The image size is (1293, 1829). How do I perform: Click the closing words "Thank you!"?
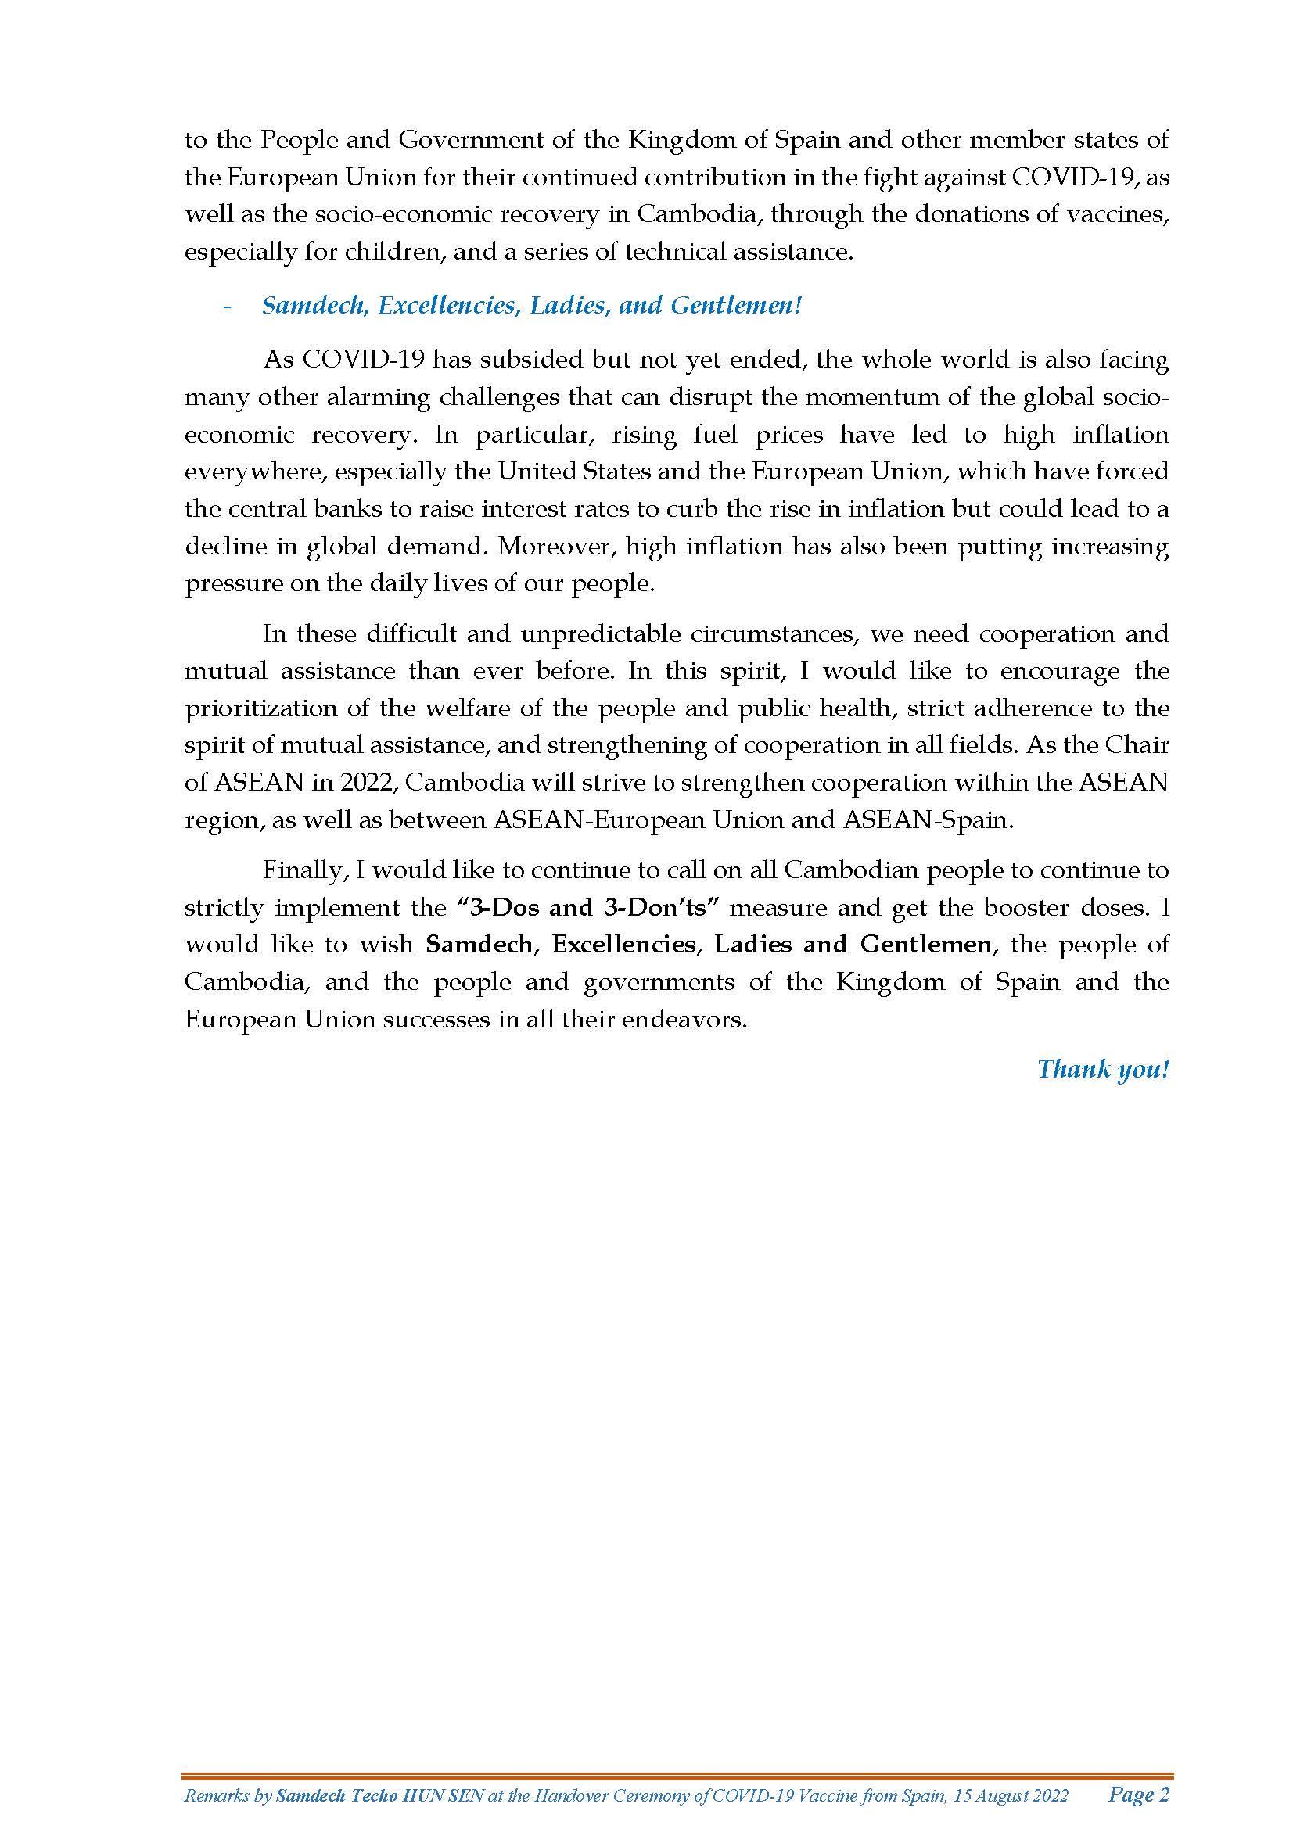[x=1103, y=1069]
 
